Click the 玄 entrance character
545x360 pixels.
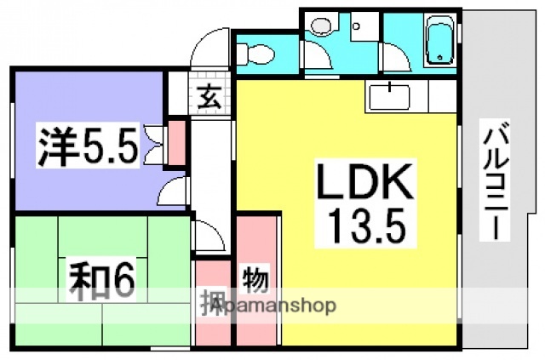click(x=209, y=95)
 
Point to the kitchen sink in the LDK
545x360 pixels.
click(x=393, y=95)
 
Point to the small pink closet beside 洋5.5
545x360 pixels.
click(x=178, y=143)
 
